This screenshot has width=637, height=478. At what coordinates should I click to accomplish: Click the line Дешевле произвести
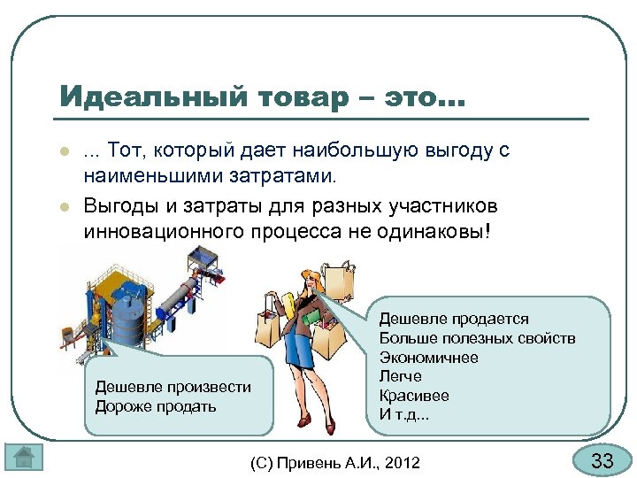173,387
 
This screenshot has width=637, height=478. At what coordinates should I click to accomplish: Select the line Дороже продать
155,406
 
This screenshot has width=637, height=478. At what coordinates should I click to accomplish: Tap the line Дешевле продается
454,319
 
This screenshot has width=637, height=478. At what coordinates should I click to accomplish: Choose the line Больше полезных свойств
477,338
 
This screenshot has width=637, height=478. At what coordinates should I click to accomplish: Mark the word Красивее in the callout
413,396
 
